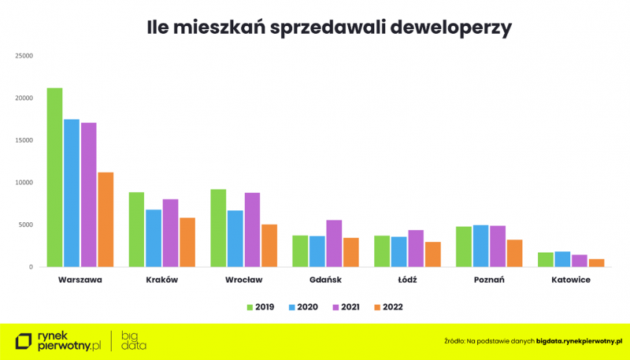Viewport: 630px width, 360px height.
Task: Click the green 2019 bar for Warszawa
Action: pos(54,177)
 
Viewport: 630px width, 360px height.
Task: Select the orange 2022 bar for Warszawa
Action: pos(106,220)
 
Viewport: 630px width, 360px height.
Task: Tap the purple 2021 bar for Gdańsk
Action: pos(334,243)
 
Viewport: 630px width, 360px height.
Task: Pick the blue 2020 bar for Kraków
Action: pos(154,238)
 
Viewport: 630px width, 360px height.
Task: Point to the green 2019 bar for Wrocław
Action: pos(218,228)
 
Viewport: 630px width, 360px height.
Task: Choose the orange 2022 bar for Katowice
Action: pos(597,263)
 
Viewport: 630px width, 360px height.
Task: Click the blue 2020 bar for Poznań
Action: pos(480,246)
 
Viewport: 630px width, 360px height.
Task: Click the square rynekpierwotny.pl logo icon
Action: pos(24,341)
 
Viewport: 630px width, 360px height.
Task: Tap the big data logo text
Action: pos(133,341)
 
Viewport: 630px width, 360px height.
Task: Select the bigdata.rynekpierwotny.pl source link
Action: pos(579,340)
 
